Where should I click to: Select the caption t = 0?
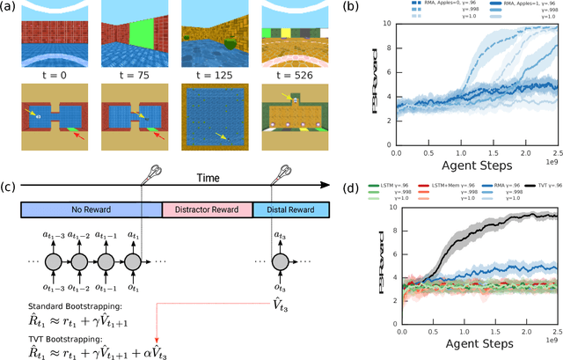[52, 76]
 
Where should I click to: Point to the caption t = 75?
[129, 76]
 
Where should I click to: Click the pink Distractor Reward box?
[208, 210]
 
